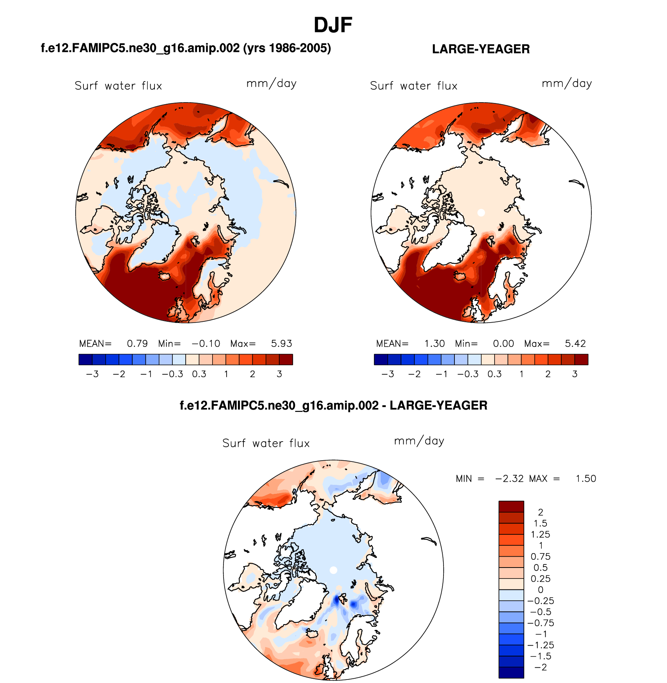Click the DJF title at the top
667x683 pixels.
(x=333, y=25)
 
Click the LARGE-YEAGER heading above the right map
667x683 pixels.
(x=481, y=49)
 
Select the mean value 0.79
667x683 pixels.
(x=137, y=344)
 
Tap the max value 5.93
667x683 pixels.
(x=281, y=344)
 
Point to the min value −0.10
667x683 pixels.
(x=206, y=344)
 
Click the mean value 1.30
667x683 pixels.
(x=435, y=344)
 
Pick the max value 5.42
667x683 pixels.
(x=575, y=344)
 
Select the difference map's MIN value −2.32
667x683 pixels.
(x=509, y=479)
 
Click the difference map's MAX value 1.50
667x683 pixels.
(x=586, y=479)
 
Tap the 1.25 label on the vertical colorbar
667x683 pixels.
(x=541, y=534)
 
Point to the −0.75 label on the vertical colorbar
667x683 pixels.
(x=541, y=623)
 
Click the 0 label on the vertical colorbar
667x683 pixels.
(x=541, y=590)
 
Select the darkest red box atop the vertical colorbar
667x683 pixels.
(x=511, y=506)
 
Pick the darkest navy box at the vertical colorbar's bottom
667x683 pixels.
(x=511, y=672)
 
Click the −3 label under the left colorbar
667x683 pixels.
(x=92, y=374)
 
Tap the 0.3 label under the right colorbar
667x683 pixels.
(x=495, y=374)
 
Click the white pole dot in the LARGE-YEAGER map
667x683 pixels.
(x=481, y=213)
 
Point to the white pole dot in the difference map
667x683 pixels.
(x=333, y=570)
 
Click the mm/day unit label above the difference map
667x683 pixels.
(x=419, y=441)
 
